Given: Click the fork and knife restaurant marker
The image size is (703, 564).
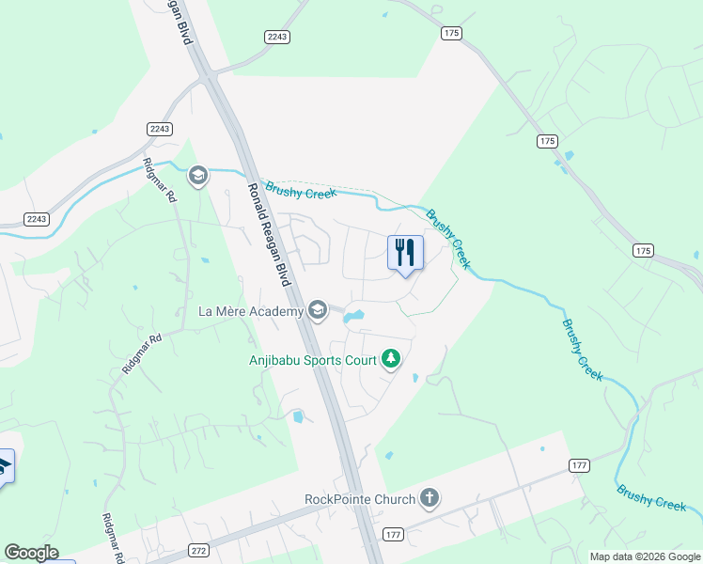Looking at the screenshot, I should coord(405,253).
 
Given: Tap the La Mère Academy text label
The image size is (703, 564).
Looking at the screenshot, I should coord(251,310).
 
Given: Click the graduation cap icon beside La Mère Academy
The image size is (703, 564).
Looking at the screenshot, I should coord(318,310).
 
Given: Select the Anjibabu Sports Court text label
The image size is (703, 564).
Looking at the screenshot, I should coord(312,359).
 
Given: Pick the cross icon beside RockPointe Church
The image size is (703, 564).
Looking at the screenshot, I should coord(430,497).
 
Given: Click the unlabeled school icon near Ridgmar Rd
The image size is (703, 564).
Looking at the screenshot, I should coord(197,176).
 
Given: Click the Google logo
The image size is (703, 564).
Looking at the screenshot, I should coord(31,553).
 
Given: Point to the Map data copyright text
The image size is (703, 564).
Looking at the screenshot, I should coord(645,556).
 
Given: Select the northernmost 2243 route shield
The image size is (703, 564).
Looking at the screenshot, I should coord(276,36).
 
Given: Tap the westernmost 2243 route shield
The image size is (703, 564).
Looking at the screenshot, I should coord(36,219).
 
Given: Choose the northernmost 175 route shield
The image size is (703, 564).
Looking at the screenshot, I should coord(451,33).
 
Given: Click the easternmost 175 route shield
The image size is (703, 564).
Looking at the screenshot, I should coord(643,250).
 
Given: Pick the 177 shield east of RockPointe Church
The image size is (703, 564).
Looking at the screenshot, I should coord(578,466).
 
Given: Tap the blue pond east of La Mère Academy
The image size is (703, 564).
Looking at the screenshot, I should coord(353,317).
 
